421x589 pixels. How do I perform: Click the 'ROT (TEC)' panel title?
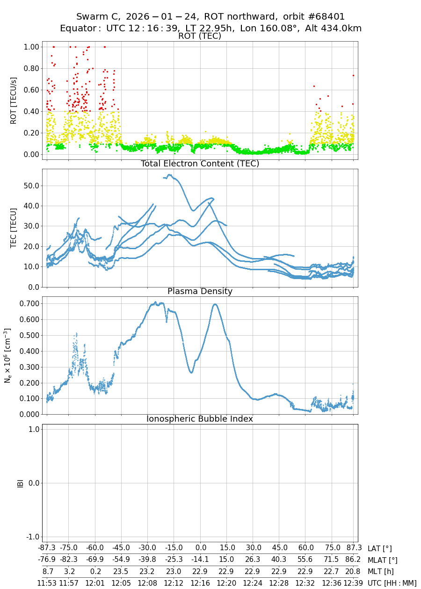tap(200, 36)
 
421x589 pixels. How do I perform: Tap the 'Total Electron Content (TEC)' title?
tap(200, 164)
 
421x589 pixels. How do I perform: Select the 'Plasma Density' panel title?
tap(200, 291)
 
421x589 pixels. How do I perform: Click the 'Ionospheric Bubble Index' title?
tap(200, 419)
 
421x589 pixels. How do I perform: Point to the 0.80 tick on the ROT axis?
tap(30, 68)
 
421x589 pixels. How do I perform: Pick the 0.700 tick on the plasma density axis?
tap(29, 303)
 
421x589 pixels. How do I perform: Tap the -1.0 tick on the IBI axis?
tap(32, 537)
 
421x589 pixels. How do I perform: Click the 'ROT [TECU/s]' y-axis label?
tap(14, 100)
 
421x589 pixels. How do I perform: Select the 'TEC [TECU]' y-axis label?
tap(14, 228)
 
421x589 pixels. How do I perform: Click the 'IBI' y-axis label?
tap(20, 483)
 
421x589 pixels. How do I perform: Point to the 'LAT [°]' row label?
tap(379, 549)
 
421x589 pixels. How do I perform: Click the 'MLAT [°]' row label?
tap(383, 560)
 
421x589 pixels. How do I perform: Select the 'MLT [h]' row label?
tap(381, 571)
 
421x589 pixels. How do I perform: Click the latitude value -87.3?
tap(47, 548)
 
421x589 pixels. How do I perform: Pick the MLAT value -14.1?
tap(201, 560)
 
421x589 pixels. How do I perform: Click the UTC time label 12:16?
tap(201, 582)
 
